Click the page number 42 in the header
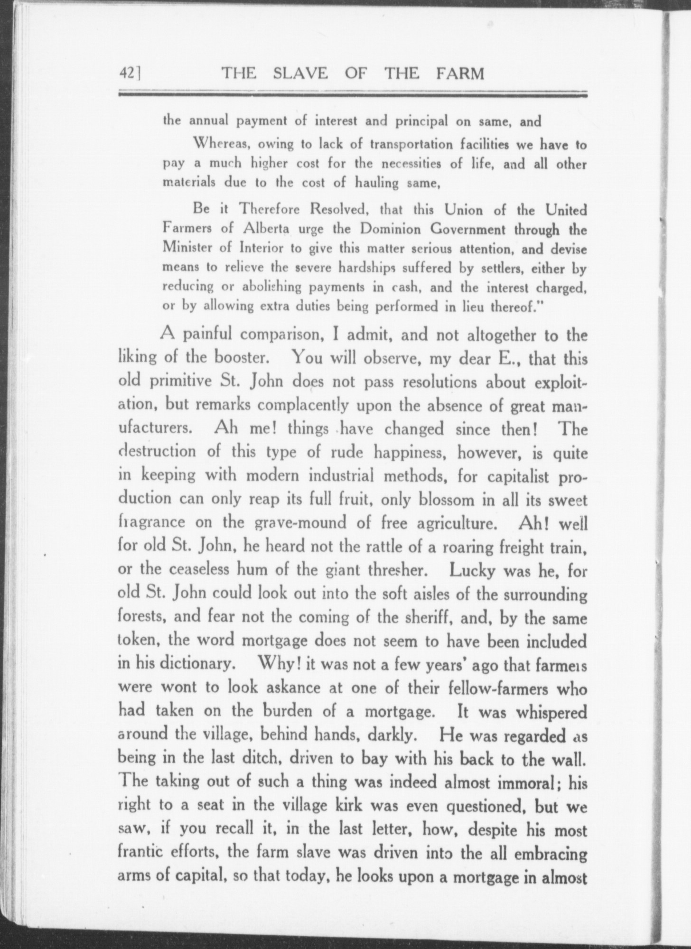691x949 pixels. click(x=127, y=74)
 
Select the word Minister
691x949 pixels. click(x=182, y=248)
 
